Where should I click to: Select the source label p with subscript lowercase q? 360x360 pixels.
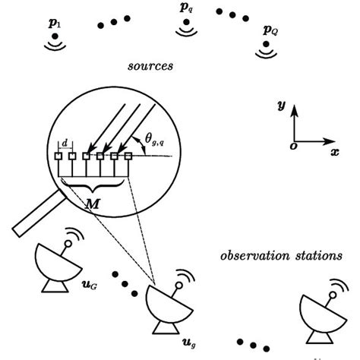[187, 9]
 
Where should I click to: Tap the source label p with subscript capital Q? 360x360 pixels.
[269, 30]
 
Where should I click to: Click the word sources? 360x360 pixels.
[150, 66]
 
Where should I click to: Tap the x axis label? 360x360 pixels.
[334, 152]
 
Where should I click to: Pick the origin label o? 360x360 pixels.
[293, 147]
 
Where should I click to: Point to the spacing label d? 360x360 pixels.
[65, 141]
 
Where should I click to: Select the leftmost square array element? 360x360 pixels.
[58, 157]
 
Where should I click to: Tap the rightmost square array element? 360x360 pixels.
[129, 157]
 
